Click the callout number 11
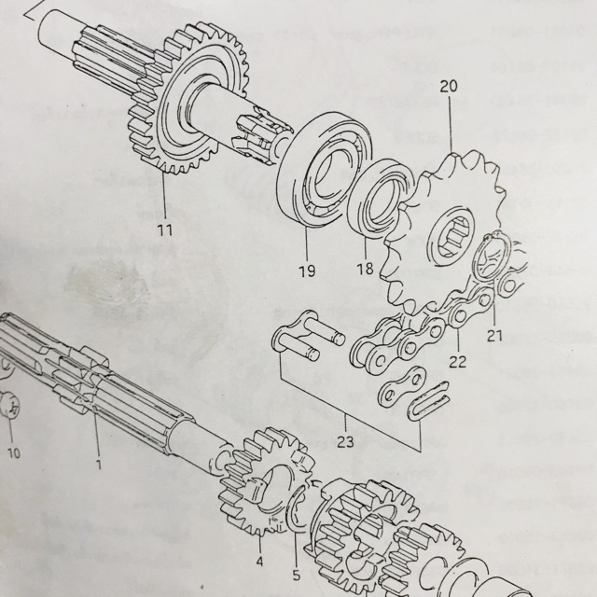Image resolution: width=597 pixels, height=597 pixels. pyautogui.click(x=165, y=230)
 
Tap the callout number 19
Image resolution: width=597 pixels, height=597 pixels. pyautogui.click(x=307, y=271)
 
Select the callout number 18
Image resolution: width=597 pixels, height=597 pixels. pyautogui.click(x=365, y=269)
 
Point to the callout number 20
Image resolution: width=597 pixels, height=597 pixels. pyautogui.click(x=449, y=87)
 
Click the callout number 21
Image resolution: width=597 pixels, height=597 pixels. pyautogui.click(x=494, y=336)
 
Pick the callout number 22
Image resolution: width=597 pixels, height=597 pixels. pyautogui.click(x=458, y=361)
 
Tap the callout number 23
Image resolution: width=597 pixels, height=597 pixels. pyautogui.click(x=345, y=441)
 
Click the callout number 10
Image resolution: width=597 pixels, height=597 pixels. pyautogui.click(x=14, y=453)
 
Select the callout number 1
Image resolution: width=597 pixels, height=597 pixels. pyautogui.click(x=99, y=465)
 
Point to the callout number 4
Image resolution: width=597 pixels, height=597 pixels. pyautogui.click(x=259, y=562)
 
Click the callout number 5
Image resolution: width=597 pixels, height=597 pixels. pyautogui.click(x=297, y=575)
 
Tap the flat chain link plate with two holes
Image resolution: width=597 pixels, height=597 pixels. pyautogui.click(x=402, y=385)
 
